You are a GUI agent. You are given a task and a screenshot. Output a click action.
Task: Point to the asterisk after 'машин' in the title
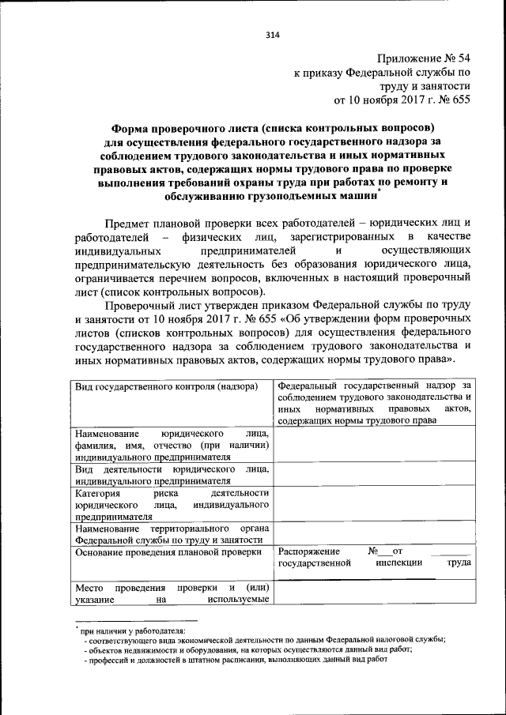(380, 190)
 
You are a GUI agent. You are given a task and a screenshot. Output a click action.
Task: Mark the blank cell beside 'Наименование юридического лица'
(374, 445)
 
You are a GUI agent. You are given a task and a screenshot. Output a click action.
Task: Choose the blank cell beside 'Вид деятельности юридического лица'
(374, 474)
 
